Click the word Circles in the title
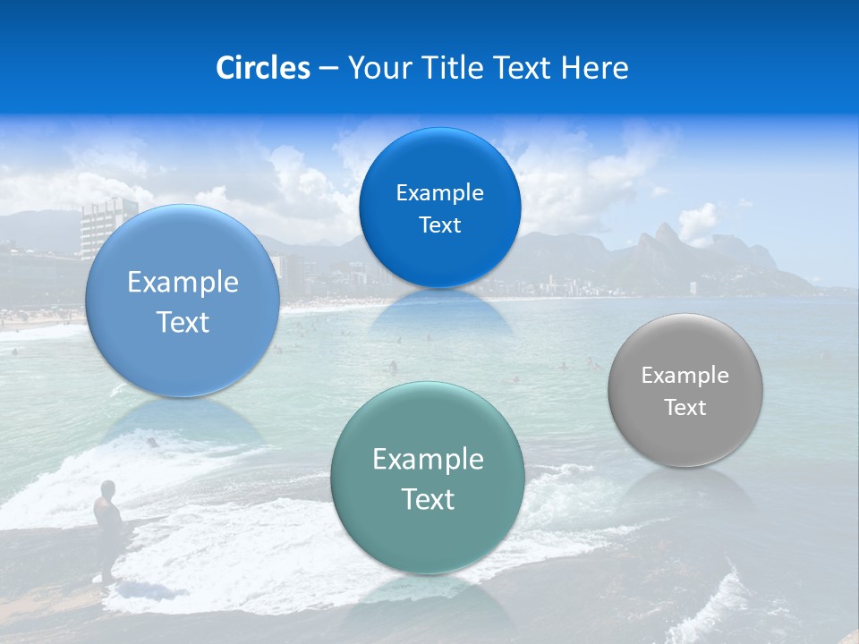(x=262, y=68)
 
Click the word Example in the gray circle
(x=685, y=376)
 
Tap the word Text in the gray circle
(x=685, y=408)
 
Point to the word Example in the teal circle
(x=428, y=460)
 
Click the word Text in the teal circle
(x=428, y=499)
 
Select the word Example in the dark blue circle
(x=439, y=193)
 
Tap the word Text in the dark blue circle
(x=439, y=225)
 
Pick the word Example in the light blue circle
(x=183, y=283)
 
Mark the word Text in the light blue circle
(x=183, y=322)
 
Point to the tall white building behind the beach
(x=108, y=228)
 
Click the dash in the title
(x=328, y=68)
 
